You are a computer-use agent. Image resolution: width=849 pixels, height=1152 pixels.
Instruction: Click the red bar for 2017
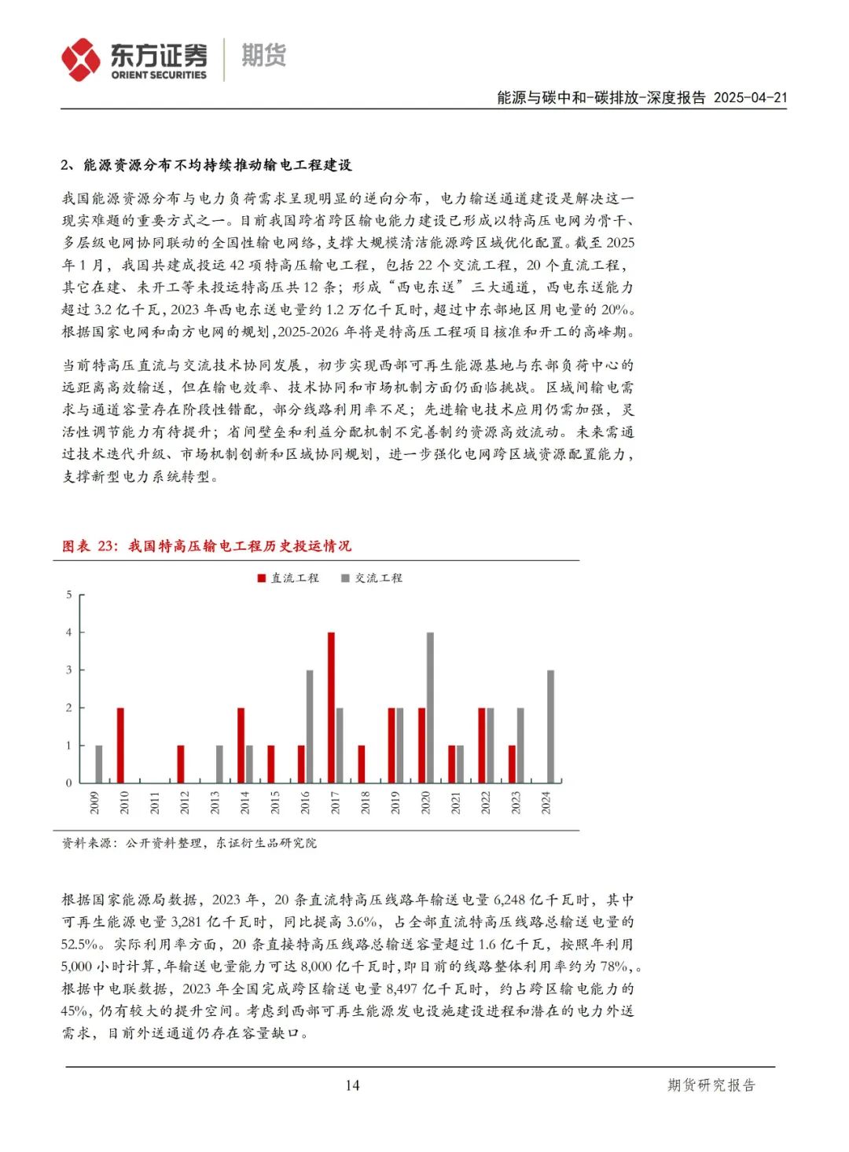[x=331, y=707]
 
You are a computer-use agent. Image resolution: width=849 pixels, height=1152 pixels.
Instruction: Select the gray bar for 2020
[x=430, y=707]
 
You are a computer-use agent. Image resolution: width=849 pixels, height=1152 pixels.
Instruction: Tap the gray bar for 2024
[x=550, y=726]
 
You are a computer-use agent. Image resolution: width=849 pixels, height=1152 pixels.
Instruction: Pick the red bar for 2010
[x=120, y=745]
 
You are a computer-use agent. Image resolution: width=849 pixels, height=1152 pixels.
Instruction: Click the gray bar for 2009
[x=98, y=764]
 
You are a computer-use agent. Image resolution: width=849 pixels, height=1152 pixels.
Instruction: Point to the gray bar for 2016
[x=310, y=726]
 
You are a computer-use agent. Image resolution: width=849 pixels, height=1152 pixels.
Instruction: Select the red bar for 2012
[x=181, y=764]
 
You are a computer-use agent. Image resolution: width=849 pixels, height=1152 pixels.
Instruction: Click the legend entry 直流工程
[x=289, y=578]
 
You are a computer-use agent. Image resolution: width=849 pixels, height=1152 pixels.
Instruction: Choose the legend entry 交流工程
[x=372, y=578]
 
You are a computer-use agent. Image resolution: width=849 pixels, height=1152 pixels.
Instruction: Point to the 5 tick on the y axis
[x=69, y=595]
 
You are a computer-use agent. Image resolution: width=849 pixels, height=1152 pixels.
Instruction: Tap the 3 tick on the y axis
[x=69, y=670]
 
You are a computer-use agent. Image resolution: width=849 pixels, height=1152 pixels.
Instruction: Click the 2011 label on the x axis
[x=155, y=802]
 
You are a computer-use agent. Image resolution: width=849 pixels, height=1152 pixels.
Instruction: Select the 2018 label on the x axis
[x=365, y=802]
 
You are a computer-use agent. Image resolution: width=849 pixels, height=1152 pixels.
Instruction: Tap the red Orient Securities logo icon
[x=81, y=60]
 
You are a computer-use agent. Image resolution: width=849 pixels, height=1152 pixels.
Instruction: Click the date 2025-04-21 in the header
[x=750, y=97]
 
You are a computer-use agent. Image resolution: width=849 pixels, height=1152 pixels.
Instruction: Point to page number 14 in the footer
[x=352, y=1085]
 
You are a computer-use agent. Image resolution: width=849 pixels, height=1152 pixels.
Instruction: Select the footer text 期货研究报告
[x=711, y=1085]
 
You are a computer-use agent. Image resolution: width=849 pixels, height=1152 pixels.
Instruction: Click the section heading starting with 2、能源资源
[x=206, y=165]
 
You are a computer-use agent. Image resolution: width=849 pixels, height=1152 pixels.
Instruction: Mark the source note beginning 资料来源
[x=189, y=843]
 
